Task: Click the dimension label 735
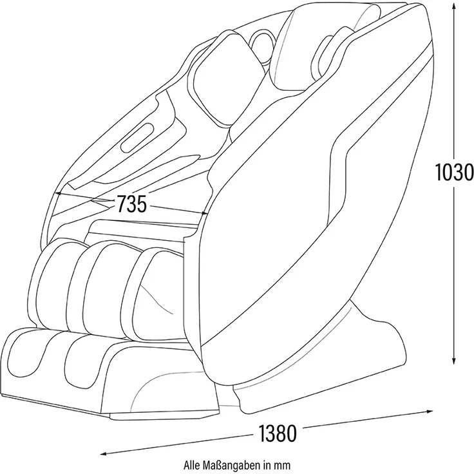[x=132, y=204]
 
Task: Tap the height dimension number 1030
[x=454, y=173]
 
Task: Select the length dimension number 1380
[x=278, y=433]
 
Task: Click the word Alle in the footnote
[x=191, y=464]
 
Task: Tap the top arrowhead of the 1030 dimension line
[x=453, y=6]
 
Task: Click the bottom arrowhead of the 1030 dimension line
[x=453, y=360]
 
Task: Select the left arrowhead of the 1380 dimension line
[x=105, y=453]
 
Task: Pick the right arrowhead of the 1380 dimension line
[x=429, y=411]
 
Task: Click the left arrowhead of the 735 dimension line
[x=59, y=193]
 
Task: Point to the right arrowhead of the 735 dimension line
[x=204, y=213]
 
